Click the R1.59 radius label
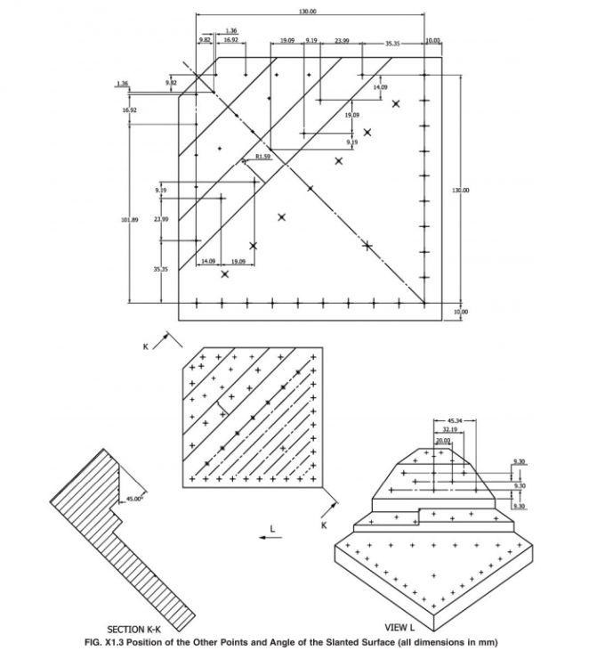[x=262, y=156]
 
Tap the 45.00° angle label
[x=134, y=500]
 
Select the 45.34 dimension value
[x=454, y=419]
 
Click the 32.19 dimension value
[x=449, y=429]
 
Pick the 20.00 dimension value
[x=442, y=440]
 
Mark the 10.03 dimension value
[x=433, y=40]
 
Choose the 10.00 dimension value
[x=460, y=312]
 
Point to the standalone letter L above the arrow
[x=273, y=529]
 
